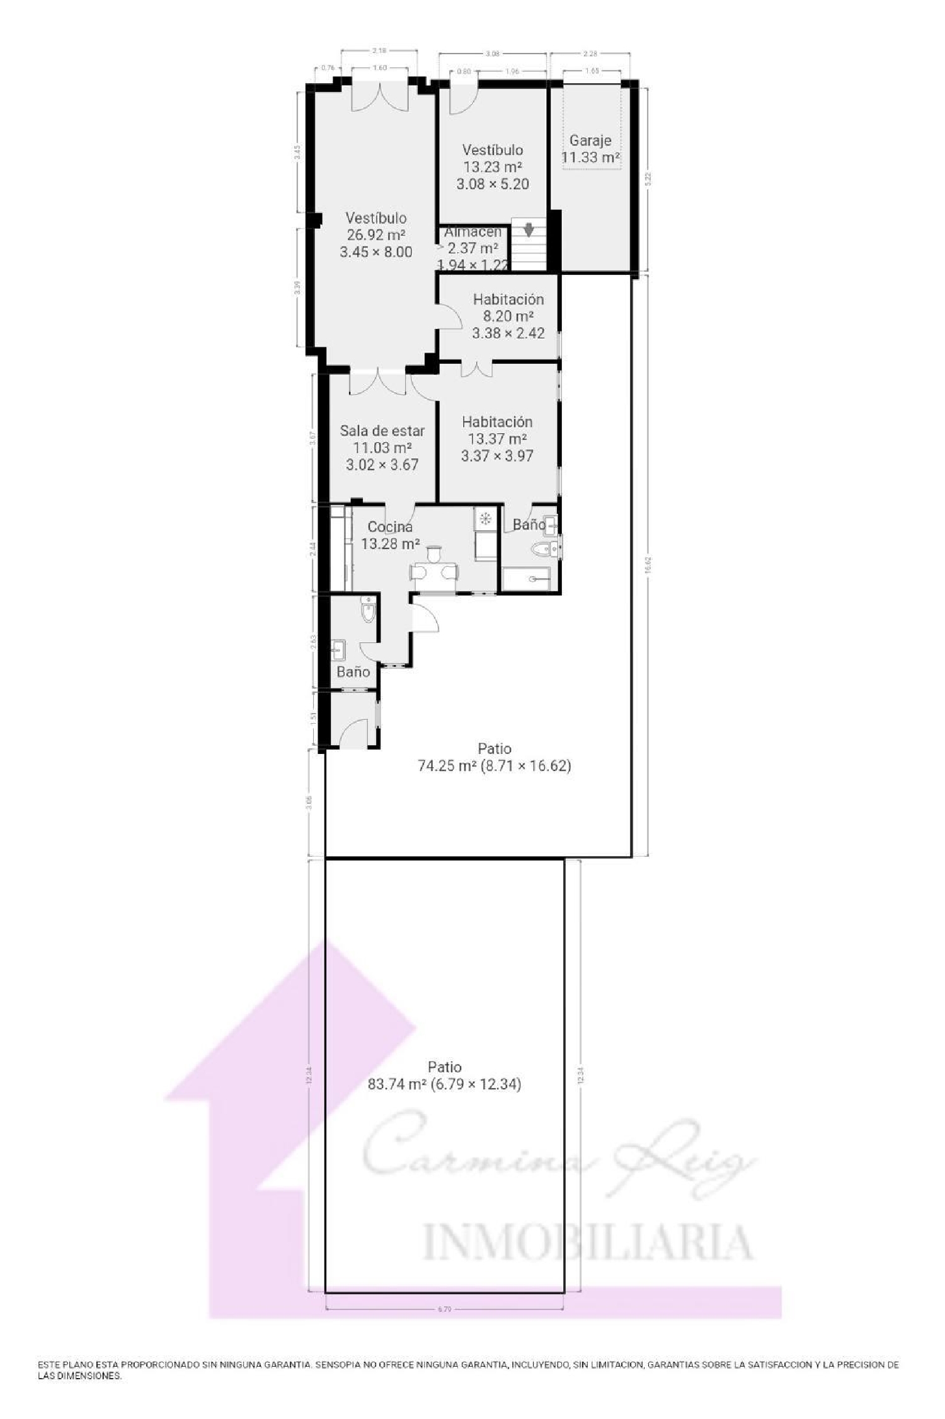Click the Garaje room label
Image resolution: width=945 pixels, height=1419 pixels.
[590, 141]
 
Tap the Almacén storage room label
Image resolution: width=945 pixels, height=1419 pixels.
[473, 232]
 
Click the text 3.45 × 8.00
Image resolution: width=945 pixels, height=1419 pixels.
[376, 252]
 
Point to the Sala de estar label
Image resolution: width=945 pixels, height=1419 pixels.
[382, 431]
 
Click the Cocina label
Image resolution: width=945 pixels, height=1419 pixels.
[390, 527]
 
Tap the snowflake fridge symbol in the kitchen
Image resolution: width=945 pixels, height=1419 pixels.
[485, 519]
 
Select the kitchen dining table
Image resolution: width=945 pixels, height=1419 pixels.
[433, 572]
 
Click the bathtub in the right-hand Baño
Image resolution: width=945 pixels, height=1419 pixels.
[526, 578]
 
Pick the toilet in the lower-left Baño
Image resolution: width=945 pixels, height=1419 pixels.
[368, 611]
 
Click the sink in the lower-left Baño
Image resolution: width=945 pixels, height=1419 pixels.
[338, 648]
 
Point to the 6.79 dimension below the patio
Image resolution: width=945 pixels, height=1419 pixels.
[444, 1309]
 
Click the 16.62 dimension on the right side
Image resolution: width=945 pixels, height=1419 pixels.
[648, 564]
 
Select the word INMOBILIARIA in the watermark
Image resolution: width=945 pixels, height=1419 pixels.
[586, 1242]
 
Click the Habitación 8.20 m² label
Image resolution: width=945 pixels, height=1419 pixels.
[508, 299]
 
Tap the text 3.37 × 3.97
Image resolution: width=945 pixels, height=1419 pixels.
[497, 456]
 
